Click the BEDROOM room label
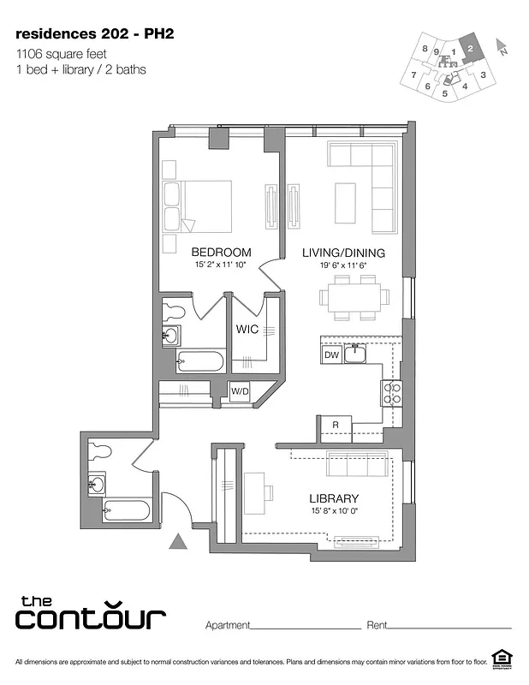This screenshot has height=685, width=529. point(221,253)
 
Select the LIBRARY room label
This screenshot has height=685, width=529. point(334,498)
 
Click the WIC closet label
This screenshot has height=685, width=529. point(248,330)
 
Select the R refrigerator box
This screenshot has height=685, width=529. point(336,425)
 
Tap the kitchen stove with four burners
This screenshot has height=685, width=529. point(391,393)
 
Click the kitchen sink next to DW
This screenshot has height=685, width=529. point(355,353)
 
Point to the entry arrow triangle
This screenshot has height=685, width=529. point(178,541)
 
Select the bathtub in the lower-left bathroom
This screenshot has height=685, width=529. point(126,511)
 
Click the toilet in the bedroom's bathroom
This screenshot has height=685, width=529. point(175,309)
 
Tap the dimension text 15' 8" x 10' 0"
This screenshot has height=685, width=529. point(334,512)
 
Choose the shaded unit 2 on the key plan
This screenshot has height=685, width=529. point(471,51)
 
